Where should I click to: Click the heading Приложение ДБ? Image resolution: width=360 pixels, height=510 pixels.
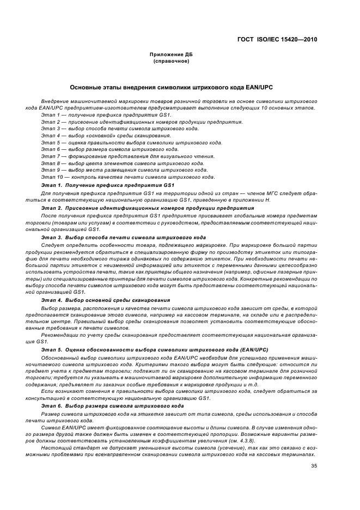pos(171,55)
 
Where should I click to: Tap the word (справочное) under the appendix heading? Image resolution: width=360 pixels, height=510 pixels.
pos(171,61)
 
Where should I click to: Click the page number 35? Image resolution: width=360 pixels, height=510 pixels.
pos(314,466)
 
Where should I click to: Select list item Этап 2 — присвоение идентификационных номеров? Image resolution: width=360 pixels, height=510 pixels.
pos(142,122)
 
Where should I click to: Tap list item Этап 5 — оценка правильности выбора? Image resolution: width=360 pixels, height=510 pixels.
pos(131,142)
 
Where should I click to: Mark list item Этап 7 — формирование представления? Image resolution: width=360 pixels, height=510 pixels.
pos(127,156)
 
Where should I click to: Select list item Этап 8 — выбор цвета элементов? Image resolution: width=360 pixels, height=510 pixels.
pos(123,163)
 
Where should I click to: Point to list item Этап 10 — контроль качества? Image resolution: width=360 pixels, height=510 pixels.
pos(128,177)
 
